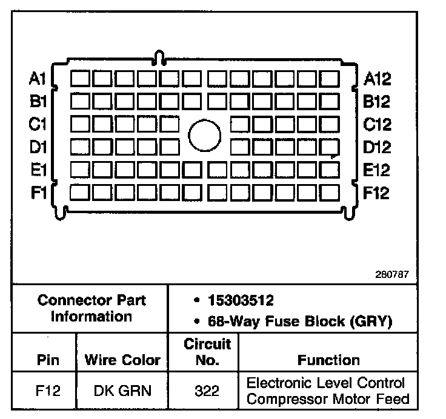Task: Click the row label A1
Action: coord(37,78)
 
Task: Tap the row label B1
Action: coord(37,101)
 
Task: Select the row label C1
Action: coord(37,124)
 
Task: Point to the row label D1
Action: coord(37,147)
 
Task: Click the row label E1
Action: coord(37,170)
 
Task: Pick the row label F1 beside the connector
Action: coord(37,193)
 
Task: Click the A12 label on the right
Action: coord(378,78)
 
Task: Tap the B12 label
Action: coord(378,101)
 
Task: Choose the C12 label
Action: coord(378,124)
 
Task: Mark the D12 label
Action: coord(378,147)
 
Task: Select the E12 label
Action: coord(378,170)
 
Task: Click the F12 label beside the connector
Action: coord(378,193)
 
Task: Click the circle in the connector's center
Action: coord(205,136)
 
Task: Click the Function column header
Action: coord(328,360)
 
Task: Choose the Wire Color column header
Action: coord(122,360)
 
